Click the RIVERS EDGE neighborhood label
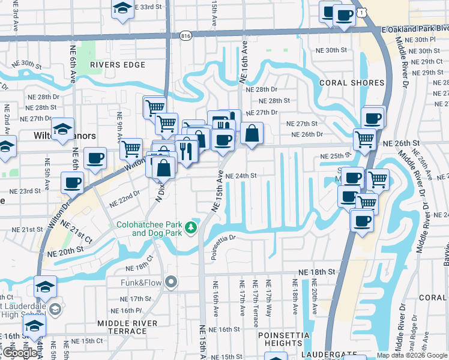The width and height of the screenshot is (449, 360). pos(115,64)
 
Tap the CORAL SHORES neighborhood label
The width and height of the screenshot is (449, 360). pos(352,83)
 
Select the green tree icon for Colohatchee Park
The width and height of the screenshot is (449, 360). pos(191,227)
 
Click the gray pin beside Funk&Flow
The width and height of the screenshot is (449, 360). pos(171,281)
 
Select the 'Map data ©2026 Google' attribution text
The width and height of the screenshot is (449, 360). pos(412,355)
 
